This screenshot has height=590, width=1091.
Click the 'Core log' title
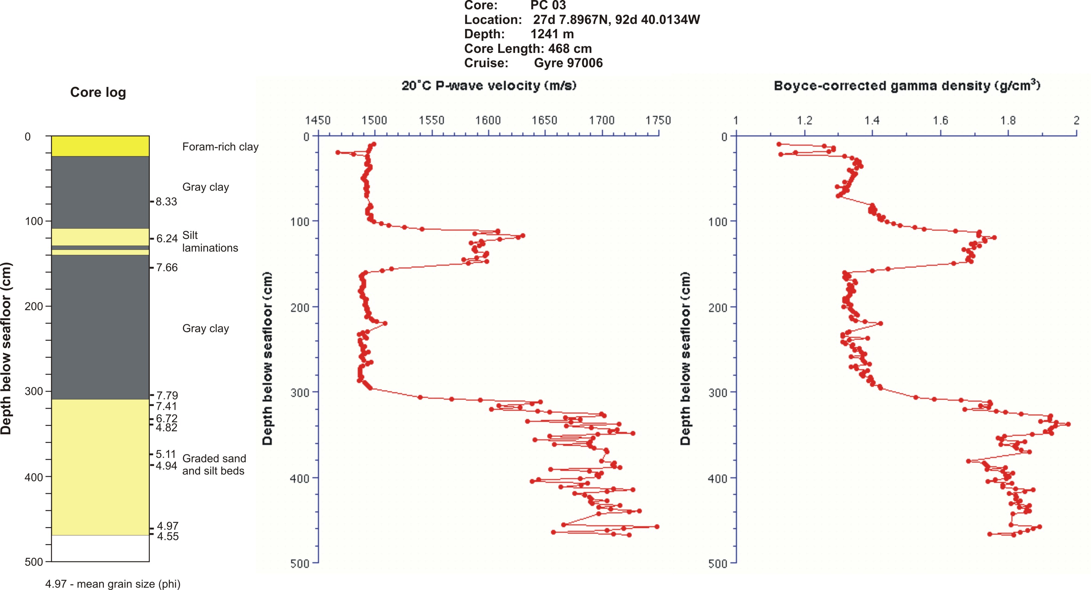tap(98, 92)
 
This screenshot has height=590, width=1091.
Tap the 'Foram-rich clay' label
tap(220, 147)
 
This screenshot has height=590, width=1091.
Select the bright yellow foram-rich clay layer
tap(100, 146)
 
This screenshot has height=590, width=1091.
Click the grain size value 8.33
tap(166, 201)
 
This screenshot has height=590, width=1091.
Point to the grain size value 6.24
tap(167, 239)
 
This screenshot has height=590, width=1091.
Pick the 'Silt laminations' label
tap(210, 241)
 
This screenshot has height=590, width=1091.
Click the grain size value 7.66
tap(167, 268)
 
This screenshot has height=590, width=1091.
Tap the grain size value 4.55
tap(168, 536)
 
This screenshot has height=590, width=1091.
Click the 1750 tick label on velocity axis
tap(658, 120)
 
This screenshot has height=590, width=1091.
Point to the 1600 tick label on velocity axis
tap(488, 120)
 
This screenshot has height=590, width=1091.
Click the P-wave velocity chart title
tap(489, 86)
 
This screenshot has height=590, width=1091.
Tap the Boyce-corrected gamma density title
tap(907, 86)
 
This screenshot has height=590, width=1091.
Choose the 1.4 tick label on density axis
tap(872, 120)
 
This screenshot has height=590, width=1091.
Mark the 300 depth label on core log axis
tap(34, 391)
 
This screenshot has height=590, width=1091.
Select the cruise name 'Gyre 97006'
tap(568, 63)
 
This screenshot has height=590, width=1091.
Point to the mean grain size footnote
tap(113, 584)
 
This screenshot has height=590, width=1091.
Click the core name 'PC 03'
tap(548, 6)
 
